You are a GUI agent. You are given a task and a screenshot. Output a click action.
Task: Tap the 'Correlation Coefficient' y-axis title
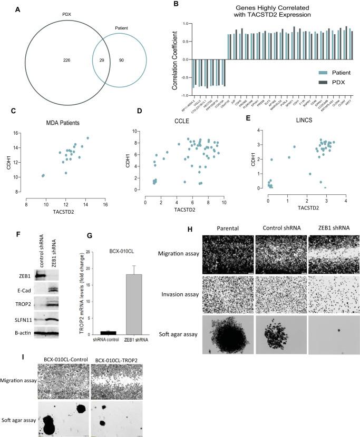tap(172, 59)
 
